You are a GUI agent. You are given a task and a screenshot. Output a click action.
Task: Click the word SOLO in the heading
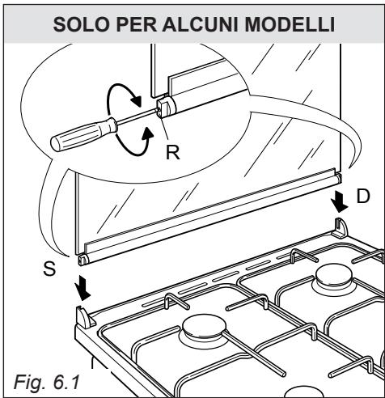click(x=81, y=24)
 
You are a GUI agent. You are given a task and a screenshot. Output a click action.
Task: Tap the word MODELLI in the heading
click(x=290, y=24)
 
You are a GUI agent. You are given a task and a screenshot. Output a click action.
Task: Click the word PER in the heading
click(x=136, y=24)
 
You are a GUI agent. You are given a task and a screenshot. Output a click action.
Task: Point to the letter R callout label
click(x=172, y=152)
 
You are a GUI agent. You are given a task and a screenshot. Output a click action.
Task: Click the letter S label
click(x=49, y=269)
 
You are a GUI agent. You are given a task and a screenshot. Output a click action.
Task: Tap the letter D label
click(x=363, y=196)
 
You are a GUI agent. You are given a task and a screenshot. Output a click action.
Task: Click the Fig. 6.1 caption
click(x=47, y=382)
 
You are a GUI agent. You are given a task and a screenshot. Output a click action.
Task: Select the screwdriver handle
click(x=84, y=133)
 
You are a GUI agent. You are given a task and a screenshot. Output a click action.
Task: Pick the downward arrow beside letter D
click(x=340, y=201)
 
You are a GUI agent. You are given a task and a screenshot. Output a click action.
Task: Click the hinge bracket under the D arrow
click(x=341, y=228)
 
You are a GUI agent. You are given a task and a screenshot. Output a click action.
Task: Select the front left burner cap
click(x=204, y=328)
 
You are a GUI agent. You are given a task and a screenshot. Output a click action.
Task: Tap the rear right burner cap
click(x=334, y=275)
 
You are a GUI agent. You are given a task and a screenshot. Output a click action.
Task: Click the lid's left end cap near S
click(x=83, y=260)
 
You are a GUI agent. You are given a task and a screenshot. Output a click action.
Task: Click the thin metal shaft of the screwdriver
click(x=137, y=116)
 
